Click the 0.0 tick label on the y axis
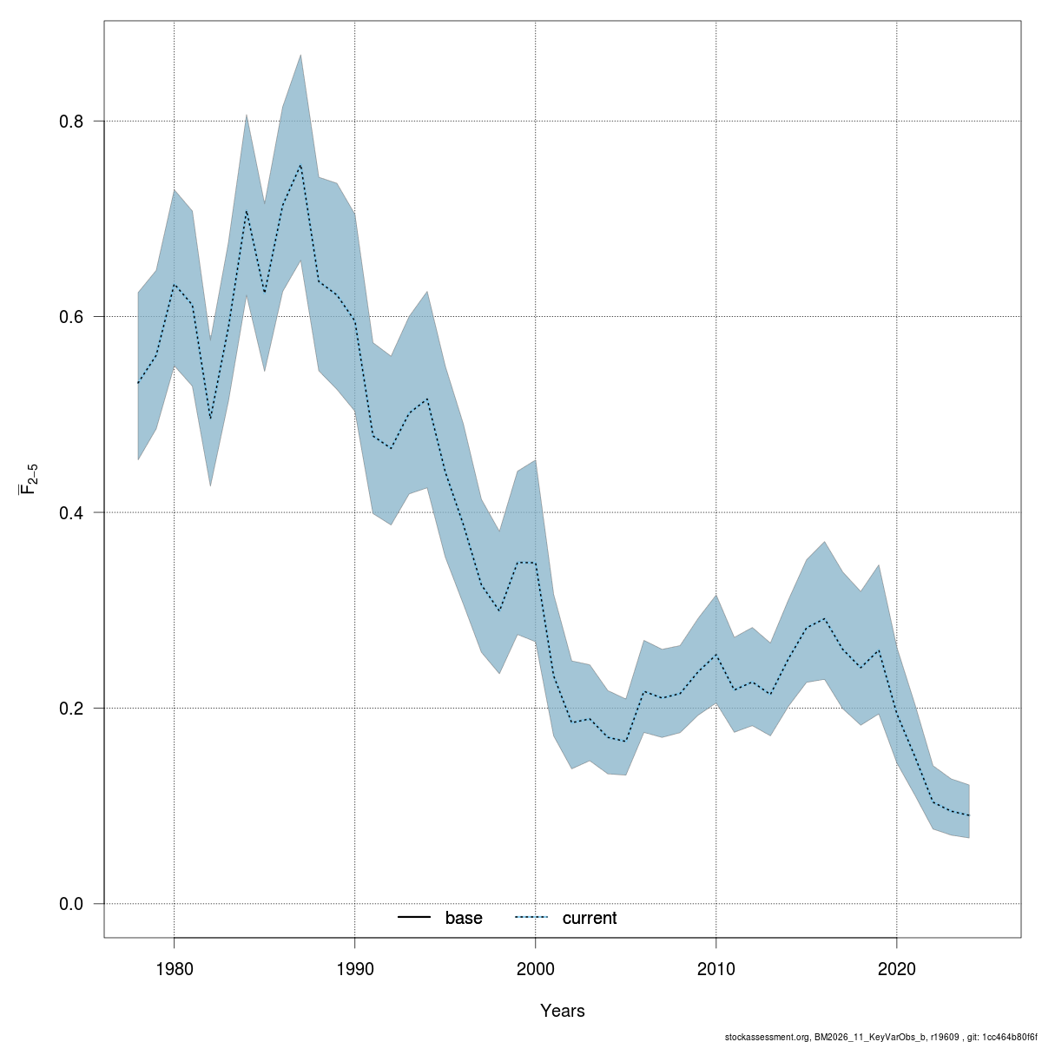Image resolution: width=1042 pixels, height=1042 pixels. tap(70, 904)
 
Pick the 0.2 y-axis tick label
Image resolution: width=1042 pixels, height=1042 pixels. tap(70, 709)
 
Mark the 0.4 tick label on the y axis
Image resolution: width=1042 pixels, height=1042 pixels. tap(70, 512)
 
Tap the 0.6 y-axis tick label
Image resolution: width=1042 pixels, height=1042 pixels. tap(70, 317)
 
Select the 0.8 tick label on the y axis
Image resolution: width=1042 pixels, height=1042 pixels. tap(70, 122)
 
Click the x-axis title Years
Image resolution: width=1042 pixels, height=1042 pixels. tap(563, 1011)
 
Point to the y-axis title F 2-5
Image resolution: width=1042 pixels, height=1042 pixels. tap(29, 479)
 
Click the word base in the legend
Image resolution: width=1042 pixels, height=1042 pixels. tap(464, 918)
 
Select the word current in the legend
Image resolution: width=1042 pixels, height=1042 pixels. tap(590, 918)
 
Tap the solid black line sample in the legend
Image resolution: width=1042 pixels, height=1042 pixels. tap(415, 918)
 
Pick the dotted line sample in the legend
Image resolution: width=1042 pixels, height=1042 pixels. tap(532, 918)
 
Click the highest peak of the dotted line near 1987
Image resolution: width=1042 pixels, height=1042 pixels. tap(300, 165)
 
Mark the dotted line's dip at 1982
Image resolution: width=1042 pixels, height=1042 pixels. tap(210, 419)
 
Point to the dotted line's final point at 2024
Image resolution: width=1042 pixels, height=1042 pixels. tap(968, 815)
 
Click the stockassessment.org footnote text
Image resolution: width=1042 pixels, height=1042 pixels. tap(881, 1036)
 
